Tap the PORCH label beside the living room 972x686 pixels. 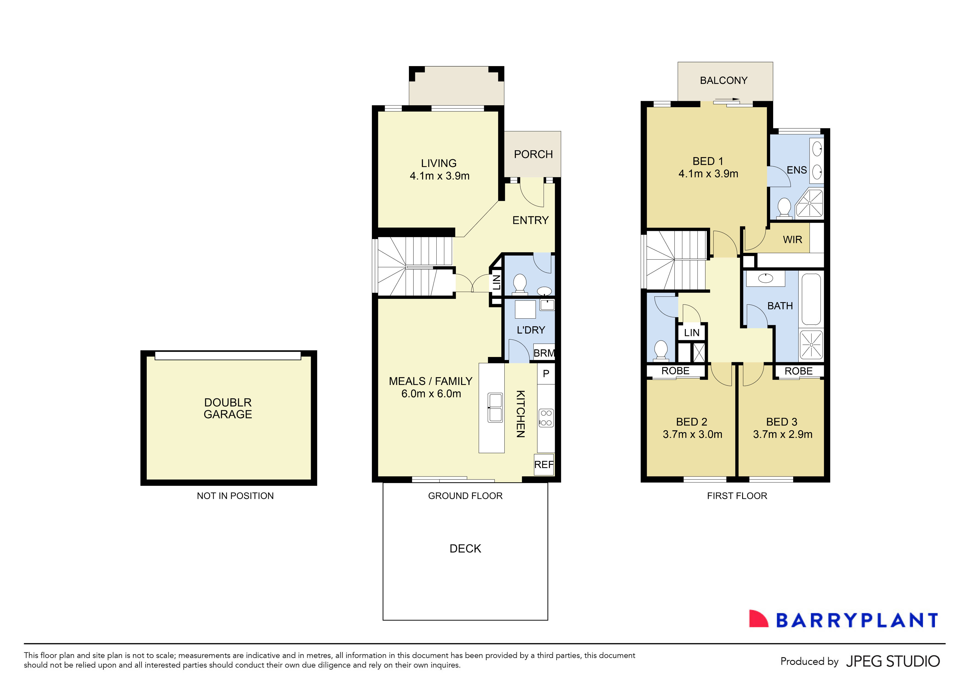(x=533, y=154)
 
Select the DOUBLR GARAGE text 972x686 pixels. (x=228, y=408)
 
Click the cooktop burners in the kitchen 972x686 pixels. (x=546, y=418)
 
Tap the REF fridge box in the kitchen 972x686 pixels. (x=544, y=465)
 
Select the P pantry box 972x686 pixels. (x=546, y=374)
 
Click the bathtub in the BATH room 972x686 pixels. (x=811, y=299)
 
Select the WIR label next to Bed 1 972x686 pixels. (x=792, y=240)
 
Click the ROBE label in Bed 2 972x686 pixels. (x=675, y=371)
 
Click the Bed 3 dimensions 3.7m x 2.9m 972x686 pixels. (x=782, y=434)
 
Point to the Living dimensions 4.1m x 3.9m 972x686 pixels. (x=439, y=176)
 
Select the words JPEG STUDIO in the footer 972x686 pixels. (x=892, y=661)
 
